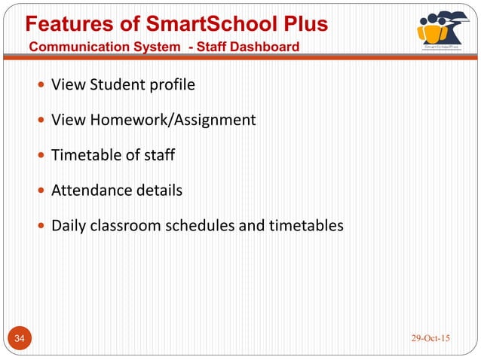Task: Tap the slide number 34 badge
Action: pos(20,338)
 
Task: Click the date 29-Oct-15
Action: pos(430,337)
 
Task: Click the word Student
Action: pos(115,84)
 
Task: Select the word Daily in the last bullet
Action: pos(67,225)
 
